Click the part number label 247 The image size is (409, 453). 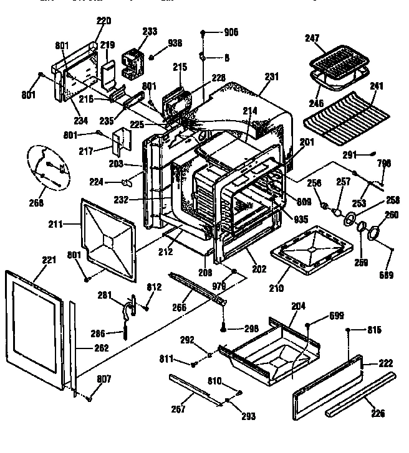click(312, 39)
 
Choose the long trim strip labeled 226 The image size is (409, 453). click(360, 395)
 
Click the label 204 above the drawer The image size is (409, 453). click(298, 306)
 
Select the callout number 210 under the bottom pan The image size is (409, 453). click(276, 288)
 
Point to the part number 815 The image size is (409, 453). click(373, 329)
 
